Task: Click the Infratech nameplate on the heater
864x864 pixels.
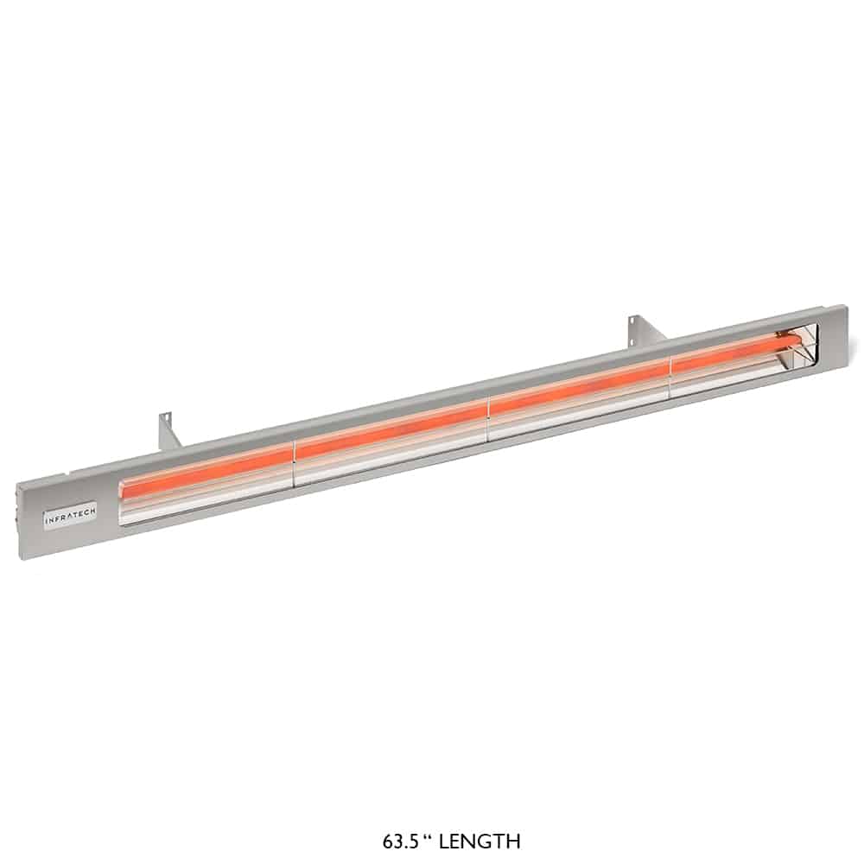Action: coord(71,516)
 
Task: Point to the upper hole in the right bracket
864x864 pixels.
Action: coord(635,321)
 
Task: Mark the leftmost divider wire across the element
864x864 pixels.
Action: coord(295,464)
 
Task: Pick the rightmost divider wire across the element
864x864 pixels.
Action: coord(670,378)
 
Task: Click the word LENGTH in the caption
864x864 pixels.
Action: coord(480,842)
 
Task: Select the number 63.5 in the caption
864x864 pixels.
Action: coord(401,842)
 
